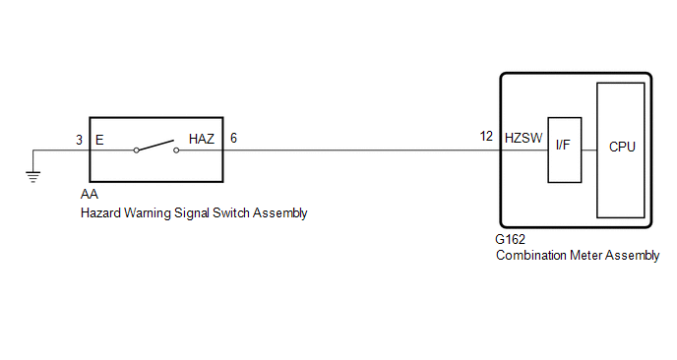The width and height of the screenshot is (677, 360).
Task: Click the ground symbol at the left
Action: pos(32,177)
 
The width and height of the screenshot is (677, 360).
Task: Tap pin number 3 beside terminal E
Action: pos(79,140)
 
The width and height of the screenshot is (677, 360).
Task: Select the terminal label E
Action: pos(99,140)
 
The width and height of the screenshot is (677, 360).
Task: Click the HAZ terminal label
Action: pos(201,139)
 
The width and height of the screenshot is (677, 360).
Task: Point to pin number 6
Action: pos(233,138)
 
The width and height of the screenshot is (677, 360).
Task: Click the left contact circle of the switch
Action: pos(136,150)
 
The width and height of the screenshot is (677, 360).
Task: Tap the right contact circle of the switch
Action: pos(176,150)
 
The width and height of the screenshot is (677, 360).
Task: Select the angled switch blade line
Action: pos(155,145)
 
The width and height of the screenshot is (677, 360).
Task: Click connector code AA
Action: pos(90,194)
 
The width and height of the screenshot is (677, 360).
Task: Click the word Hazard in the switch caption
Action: pos(100,212)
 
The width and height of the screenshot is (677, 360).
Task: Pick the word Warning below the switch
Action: pos(148,213)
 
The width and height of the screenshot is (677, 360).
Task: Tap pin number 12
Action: pos(486,137)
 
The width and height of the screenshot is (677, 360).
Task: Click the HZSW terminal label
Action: pos(523,138)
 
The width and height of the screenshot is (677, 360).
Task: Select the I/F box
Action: pos(564,150)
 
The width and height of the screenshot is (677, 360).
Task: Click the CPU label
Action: pos(622,147)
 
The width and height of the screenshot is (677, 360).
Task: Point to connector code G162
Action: pos(510,239)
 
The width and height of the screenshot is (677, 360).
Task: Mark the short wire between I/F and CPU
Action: pos(589,150)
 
